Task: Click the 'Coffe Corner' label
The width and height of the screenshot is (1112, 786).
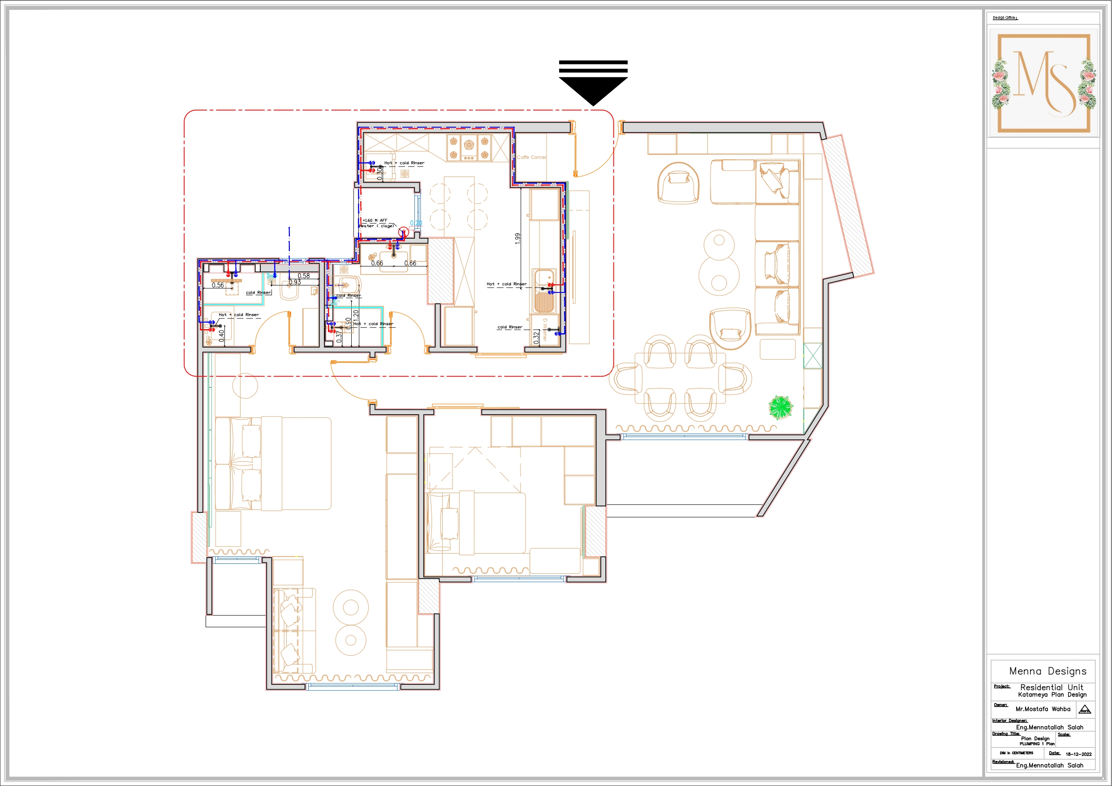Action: (531, 157)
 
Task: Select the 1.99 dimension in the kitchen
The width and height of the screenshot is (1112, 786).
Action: (518, 238)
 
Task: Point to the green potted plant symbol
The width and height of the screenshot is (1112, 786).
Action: (780, 407)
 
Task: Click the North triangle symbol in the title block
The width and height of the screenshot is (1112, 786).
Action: (1085, 710)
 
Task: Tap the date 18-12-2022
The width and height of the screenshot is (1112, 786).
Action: (1078, 754)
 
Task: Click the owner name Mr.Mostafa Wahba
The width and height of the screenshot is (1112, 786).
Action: (1043, 709)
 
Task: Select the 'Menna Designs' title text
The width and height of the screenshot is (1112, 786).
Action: (1047, 671)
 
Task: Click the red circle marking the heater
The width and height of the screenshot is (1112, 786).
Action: (403, 233)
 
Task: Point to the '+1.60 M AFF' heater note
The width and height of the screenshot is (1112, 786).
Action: (375, 220)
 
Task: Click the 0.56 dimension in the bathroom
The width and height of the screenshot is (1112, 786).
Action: (218, 285)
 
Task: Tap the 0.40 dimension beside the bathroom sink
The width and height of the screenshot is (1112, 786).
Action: (222, 335)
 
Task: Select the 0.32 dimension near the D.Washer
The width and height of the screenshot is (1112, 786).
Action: (536, 338)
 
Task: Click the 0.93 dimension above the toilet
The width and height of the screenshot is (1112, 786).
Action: (294, 282)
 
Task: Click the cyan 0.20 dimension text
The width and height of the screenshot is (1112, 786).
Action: (416, 223)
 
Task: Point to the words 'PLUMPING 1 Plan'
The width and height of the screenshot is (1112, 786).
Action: (1037, 744)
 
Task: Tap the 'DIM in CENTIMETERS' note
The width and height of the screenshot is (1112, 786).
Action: (1017, 753)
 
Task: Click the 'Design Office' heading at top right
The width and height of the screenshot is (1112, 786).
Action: (1005, 18)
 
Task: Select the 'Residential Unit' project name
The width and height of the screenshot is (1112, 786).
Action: (1052, 687)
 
